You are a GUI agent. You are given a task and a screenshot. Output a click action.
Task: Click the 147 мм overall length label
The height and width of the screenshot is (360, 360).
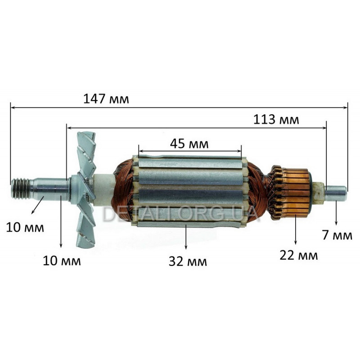click(106, 99)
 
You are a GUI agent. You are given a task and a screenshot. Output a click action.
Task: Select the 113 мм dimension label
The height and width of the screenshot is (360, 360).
click(276, 120)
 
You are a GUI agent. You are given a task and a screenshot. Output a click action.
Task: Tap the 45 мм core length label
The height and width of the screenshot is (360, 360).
click(189, 144)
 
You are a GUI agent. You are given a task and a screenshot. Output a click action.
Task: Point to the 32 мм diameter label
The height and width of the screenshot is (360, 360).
click(188, 261)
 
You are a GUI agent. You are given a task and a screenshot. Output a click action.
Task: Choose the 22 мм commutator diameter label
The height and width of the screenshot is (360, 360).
click(299, 255)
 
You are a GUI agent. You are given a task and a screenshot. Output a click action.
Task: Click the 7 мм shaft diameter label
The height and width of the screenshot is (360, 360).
click(337, 235)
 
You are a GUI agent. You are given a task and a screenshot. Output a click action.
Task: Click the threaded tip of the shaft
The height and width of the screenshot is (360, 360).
click(21, 189)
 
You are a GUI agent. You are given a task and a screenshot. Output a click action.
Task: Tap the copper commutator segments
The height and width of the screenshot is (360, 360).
click(295, 193)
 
